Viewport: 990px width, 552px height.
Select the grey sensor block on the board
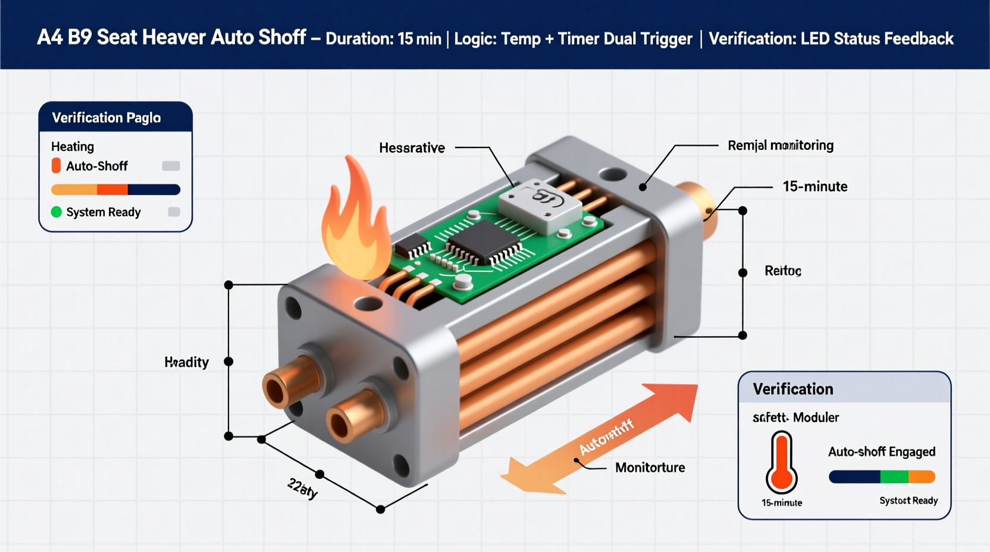[x=539, y=206]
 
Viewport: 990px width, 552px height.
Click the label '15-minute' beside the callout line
[x=814, y=187]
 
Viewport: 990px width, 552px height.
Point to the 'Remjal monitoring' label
[x=780, y=146]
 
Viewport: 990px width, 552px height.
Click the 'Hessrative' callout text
[x=412, y=148]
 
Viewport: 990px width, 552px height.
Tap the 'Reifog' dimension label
[x=782, y=271]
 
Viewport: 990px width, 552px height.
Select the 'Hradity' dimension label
[x=186, y=362]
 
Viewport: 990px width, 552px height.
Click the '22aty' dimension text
[x=303, y=488]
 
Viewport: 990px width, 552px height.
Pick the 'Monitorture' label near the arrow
[x=650, y=468]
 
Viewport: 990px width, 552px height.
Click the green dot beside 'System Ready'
[x=57, y=212]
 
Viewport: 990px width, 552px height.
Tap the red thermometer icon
[x=781, y=463]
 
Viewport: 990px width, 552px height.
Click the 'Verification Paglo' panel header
[x=106, y=118]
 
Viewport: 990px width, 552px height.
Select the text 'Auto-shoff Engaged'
[x=882, y=452]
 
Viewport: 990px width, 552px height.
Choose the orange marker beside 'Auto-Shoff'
[x=56, y=166]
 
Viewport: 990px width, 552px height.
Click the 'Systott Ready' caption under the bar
[x=908, y=501]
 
